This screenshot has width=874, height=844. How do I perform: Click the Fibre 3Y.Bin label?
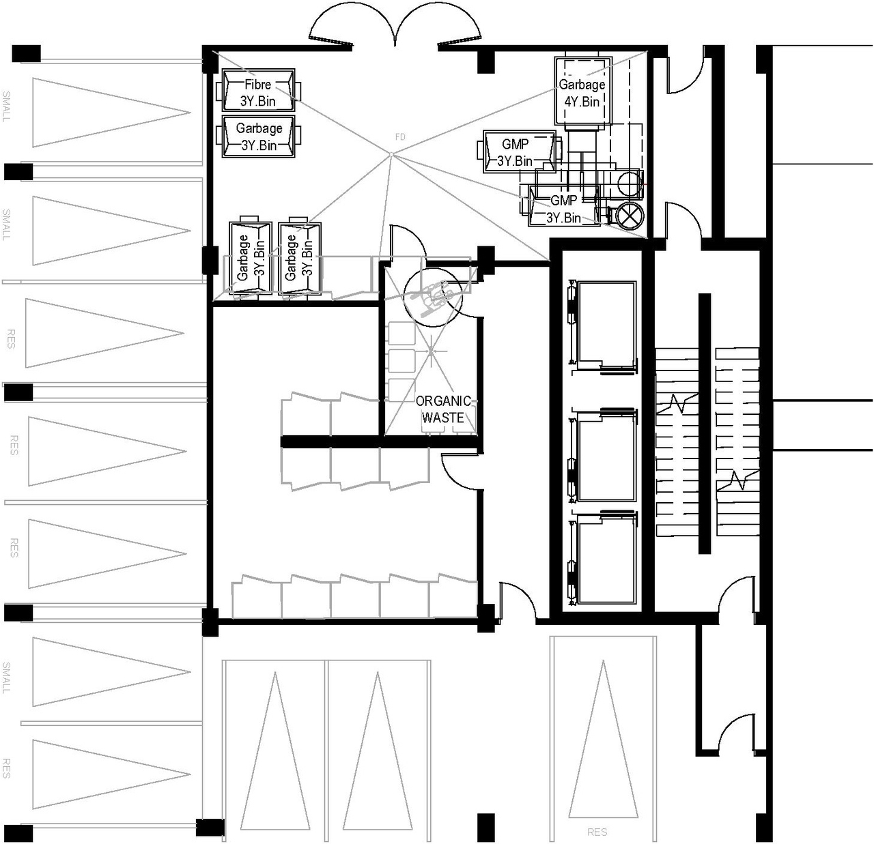[258, 93]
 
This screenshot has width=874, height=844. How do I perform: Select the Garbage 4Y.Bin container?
[582, 92]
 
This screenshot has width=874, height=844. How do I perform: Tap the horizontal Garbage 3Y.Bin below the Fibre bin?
[259, 136]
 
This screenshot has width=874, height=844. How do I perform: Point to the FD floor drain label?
[400, 137]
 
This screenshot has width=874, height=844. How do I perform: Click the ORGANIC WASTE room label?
[443, 409]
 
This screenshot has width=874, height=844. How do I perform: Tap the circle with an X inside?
[630, 216]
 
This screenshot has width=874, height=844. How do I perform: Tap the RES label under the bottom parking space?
[597, 832]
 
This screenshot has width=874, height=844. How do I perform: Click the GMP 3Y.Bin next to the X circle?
[564, 209]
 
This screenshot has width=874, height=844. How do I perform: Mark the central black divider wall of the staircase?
[704, 423]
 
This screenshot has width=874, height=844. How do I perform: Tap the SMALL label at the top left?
[7, 106]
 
